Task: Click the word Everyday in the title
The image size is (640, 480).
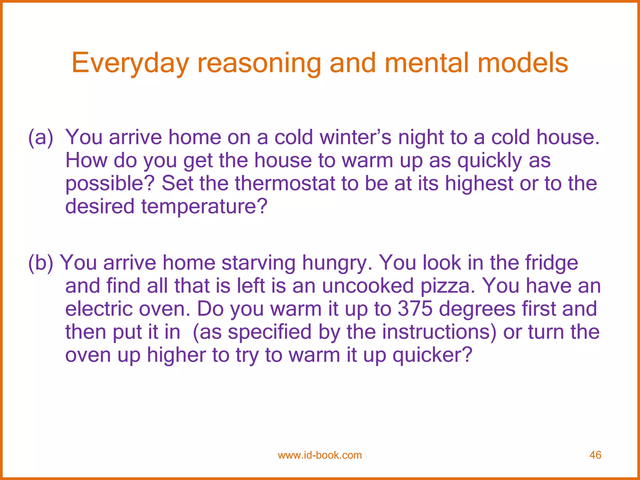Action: pyautogui.click(x=130, y=64)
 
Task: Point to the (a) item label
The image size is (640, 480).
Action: pyautogui.click(x=41, y=137)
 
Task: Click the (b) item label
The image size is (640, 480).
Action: pyautogui.click(x=41, y=263)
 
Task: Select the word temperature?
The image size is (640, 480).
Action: pyautogui.click(x=204, y=207)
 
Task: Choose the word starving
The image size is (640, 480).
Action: pyautogui.click(x=258, y=263)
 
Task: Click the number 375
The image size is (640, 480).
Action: pyautogui.click(x=415, y=309)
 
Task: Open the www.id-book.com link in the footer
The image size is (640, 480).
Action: pyautogui.click(x=320, y=455)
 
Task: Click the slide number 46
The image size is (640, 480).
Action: pyautogui.click(x=595, y=455)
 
